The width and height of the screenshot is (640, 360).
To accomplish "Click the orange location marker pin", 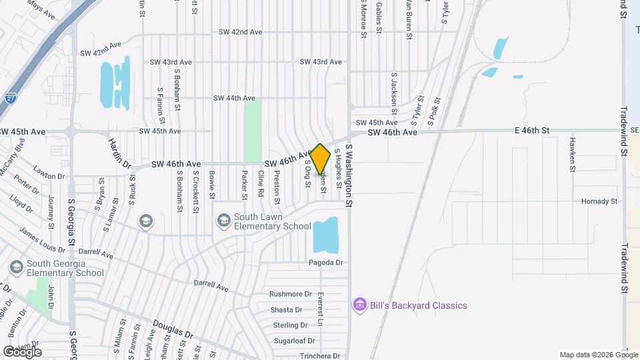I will (x=321, y=159).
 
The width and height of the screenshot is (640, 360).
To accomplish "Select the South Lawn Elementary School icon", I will (x=224, y=220).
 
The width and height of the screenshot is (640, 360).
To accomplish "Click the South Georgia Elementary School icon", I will (x=16, y=267).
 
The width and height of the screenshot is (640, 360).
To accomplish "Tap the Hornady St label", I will (x=599, y=201).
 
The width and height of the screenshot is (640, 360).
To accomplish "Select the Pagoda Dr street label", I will (x=325, y=263).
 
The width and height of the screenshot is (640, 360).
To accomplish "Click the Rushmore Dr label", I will (x=291, y=293).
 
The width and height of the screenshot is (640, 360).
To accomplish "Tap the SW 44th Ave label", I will (x=234, y=98).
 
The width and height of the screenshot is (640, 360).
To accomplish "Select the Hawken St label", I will (x=572, y=155).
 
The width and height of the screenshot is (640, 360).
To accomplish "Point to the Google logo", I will (x=22, y=351).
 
